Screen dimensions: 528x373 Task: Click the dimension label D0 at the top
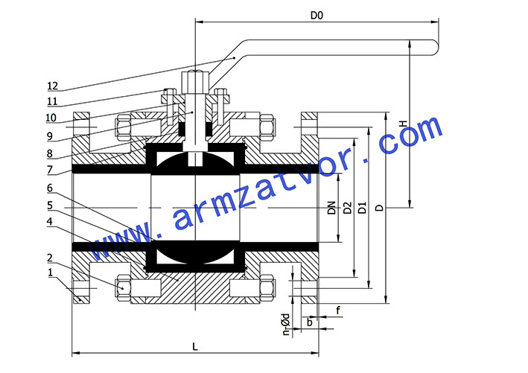(317, 16)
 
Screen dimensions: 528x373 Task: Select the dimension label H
(403, 124)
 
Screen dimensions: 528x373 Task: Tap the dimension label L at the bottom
(195, 346)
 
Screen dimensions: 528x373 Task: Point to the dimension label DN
(332, 208)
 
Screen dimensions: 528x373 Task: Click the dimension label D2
(347, 208)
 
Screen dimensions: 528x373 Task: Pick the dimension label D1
(362, 208)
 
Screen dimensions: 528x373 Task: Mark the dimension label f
(338, 310)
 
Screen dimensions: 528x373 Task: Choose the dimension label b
(310, 322)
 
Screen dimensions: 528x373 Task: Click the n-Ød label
(286, 324)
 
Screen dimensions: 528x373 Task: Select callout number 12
(53, 86)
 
